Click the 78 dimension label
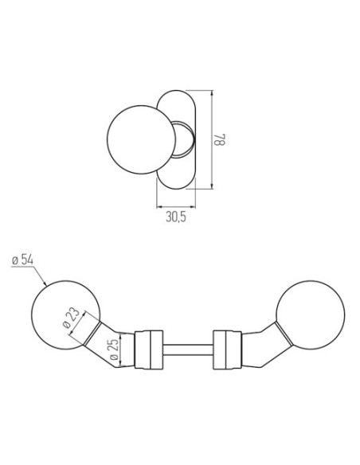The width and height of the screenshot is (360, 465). tap(220, 139)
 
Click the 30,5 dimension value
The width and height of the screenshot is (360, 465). tap(176, 217)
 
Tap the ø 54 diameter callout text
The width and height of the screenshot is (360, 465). tap(23, 260)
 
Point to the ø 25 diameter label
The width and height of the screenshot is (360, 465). tap(114, 349)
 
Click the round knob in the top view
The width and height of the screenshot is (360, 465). tap(141, 139)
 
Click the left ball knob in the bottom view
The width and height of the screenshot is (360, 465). tap(66, 315)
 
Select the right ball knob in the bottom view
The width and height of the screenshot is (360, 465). tap(311, 315)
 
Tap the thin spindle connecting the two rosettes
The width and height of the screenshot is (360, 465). tap(188, 350)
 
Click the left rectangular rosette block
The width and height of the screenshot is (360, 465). tap(149, 350)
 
